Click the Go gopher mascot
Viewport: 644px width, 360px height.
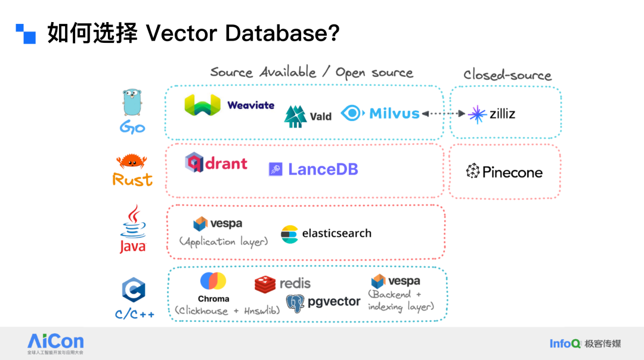132,102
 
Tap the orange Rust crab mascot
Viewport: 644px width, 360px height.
131,161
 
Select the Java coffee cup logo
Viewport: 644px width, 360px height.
133,221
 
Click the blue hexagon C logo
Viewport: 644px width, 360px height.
133,291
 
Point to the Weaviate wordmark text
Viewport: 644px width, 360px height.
250,105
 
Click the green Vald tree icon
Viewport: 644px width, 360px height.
295,116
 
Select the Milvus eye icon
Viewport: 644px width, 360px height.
352,113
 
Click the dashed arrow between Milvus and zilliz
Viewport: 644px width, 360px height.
443,113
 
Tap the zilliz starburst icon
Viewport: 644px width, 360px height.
477,114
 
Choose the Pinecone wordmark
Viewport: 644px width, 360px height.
512,173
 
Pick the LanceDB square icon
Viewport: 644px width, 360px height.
275,169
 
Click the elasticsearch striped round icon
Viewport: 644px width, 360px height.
289,234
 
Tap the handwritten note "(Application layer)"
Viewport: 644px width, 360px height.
224,242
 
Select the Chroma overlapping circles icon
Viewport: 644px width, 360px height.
213,281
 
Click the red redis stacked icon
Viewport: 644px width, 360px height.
265,284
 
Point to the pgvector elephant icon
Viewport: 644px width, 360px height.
296,303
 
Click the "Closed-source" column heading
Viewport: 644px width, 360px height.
507,75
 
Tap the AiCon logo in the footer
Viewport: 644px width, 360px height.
55,342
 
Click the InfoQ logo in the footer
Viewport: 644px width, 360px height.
565,343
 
